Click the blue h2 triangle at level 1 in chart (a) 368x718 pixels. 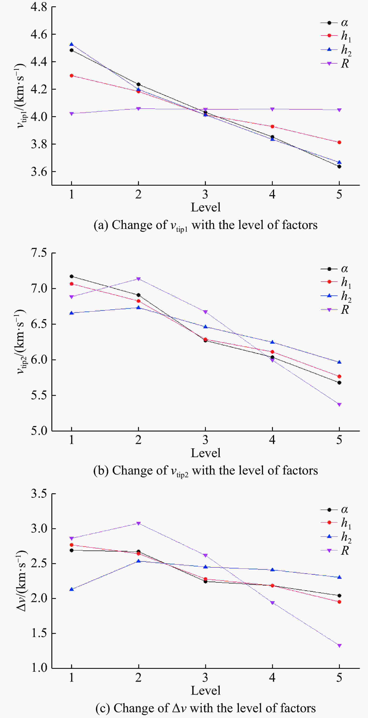click(x=71, y=44)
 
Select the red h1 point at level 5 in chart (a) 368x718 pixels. click(x=339, y=142)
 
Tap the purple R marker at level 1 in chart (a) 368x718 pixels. click(x=71, y=113)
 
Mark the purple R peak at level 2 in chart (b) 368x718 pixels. click(x=138, y=279)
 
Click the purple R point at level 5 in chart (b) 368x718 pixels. click(x=339, y=405)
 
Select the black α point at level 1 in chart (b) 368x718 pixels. click(x=71, y=276)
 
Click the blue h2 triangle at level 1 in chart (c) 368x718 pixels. click(x=71, y=589)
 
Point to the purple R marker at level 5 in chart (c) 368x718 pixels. click(x=339, y=646)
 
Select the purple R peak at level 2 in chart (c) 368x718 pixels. click(x=138, y=524)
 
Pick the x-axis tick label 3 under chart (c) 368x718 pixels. click(x=205, y=677)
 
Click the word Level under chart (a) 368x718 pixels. click(x=205, y=207)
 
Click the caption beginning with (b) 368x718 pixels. click(x=205, y=471)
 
